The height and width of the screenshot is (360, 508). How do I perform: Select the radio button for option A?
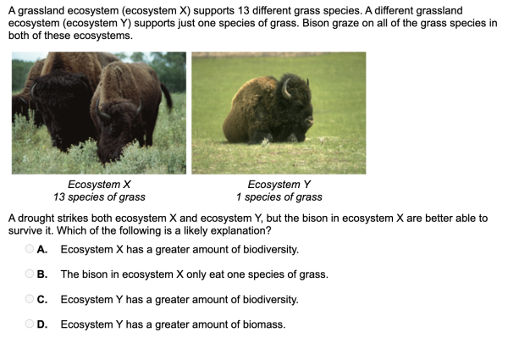point(29,248)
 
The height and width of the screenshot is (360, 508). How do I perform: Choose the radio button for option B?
point(29,274)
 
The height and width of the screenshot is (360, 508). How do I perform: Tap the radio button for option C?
point(29,298)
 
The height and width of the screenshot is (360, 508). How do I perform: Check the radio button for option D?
point(29,324)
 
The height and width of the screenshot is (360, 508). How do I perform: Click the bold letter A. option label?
point(42,249)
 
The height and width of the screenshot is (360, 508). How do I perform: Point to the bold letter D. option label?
point(42,324)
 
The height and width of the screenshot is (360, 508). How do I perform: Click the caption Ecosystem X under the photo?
point(99,185)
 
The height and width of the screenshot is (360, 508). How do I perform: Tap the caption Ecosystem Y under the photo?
point(279,185)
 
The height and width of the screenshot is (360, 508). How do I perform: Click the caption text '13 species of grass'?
point(99,197)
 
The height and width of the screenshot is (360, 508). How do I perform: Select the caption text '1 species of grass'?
point(279,197)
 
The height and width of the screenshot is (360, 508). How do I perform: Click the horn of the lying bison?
point(285,89)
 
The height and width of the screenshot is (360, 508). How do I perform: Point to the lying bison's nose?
point(309,121)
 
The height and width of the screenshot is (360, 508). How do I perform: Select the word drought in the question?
point(37,218)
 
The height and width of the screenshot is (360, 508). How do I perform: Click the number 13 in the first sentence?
point(243,11)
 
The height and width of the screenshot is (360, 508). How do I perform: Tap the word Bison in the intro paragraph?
point(314,24)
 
